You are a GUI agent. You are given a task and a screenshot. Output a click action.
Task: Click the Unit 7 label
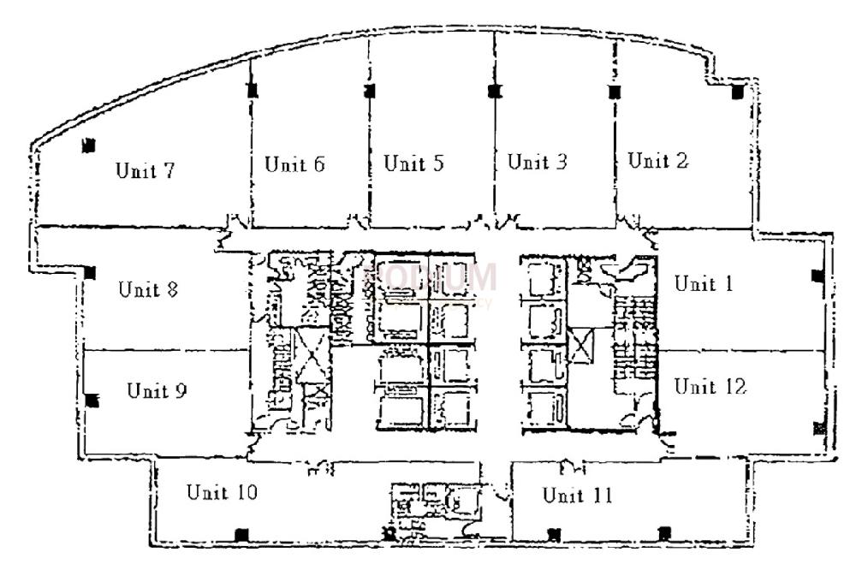point(146,170)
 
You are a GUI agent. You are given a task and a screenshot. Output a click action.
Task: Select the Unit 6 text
point(294,164)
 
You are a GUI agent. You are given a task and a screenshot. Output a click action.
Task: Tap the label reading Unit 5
point(413,163)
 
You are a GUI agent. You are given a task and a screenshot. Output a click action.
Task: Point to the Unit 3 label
point(538,162)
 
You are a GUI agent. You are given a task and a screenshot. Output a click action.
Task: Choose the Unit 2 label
point(658,160)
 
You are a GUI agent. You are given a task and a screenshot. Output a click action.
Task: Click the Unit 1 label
point(704,283)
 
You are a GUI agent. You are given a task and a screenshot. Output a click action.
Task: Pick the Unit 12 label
point(710,387)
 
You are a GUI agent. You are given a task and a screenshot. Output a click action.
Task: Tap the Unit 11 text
point(578,496)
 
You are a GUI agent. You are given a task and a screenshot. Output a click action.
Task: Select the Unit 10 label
point(222,492)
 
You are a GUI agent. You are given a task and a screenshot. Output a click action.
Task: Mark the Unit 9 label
point(157,391)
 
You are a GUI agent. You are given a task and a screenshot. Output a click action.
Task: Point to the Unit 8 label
point(148,288)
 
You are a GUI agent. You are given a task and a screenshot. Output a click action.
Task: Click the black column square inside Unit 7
point(86,146)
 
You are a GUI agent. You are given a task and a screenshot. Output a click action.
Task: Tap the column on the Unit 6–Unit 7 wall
point(250,90)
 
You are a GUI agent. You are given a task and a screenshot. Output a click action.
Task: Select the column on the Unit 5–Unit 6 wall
point(369,90)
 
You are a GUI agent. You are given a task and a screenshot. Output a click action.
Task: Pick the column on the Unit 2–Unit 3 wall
point(614,91)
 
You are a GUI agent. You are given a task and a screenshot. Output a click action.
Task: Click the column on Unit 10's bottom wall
point(241,534)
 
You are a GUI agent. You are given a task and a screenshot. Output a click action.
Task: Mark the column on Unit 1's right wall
point(817,276)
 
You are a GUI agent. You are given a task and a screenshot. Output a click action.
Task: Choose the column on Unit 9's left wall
point(92,400)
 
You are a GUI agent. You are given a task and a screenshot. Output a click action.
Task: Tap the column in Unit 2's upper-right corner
point(735,92)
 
